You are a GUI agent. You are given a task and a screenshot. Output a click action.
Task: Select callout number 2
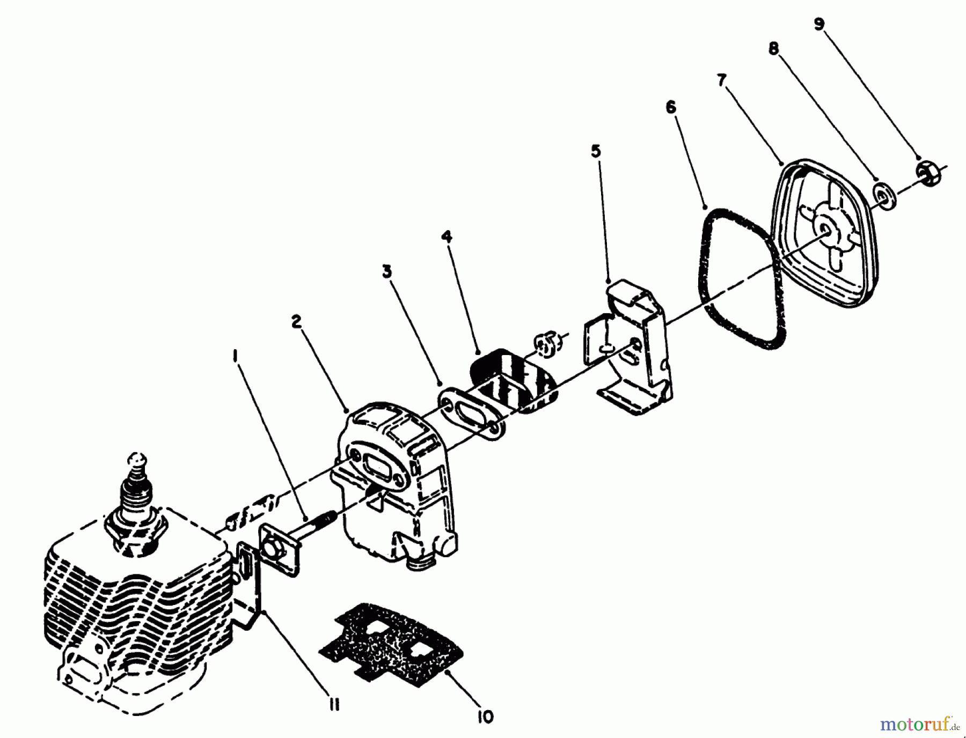[x=296, y=322]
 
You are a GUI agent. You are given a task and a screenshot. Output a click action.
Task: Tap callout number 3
[x=386, y=272]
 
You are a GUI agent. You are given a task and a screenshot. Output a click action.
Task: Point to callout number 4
[x=447, y=236]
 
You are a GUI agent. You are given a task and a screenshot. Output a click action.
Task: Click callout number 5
[x=596, y=152]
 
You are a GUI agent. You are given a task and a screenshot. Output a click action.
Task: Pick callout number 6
[x=671, y=107]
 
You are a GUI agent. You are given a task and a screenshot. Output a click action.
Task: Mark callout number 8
[x=773, y=49]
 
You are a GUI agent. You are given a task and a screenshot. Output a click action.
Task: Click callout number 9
[x=819, y=25]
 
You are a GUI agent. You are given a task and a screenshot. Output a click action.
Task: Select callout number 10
[x=485, y=717]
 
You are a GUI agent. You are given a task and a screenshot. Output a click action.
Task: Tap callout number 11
[x=333, y=706]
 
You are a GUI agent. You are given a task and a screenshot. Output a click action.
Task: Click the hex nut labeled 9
[x=925, y=174]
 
